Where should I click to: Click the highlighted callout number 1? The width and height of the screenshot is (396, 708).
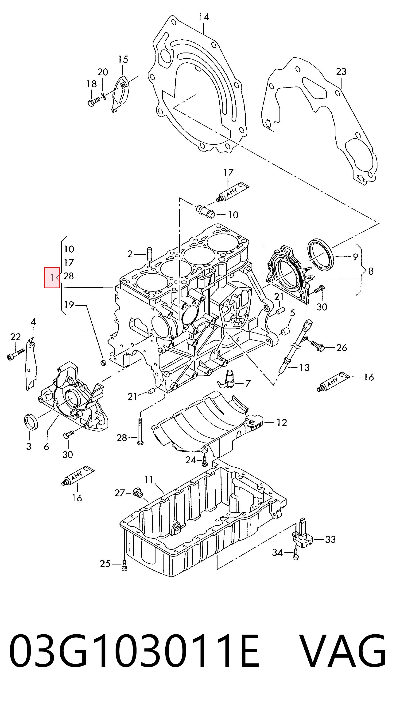pos(52,278)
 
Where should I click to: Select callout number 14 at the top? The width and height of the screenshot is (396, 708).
pos(204,17)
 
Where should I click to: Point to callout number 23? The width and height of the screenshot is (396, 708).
pos(341,72)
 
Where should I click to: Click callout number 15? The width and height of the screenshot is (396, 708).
pos(123,59)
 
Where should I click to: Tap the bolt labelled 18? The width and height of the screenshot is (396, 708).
pos(95,102)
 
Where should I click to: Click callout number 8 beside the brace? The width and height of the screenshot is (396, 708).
pos(371,271)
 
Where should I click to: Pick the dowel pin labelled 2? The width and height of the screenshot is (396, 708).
pos(150,254)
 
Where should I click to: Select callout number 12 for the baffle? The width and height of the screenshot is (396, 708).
pos(282,422)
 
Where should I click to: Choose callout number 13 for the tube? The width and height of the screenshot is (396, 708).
pos(304,367)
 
